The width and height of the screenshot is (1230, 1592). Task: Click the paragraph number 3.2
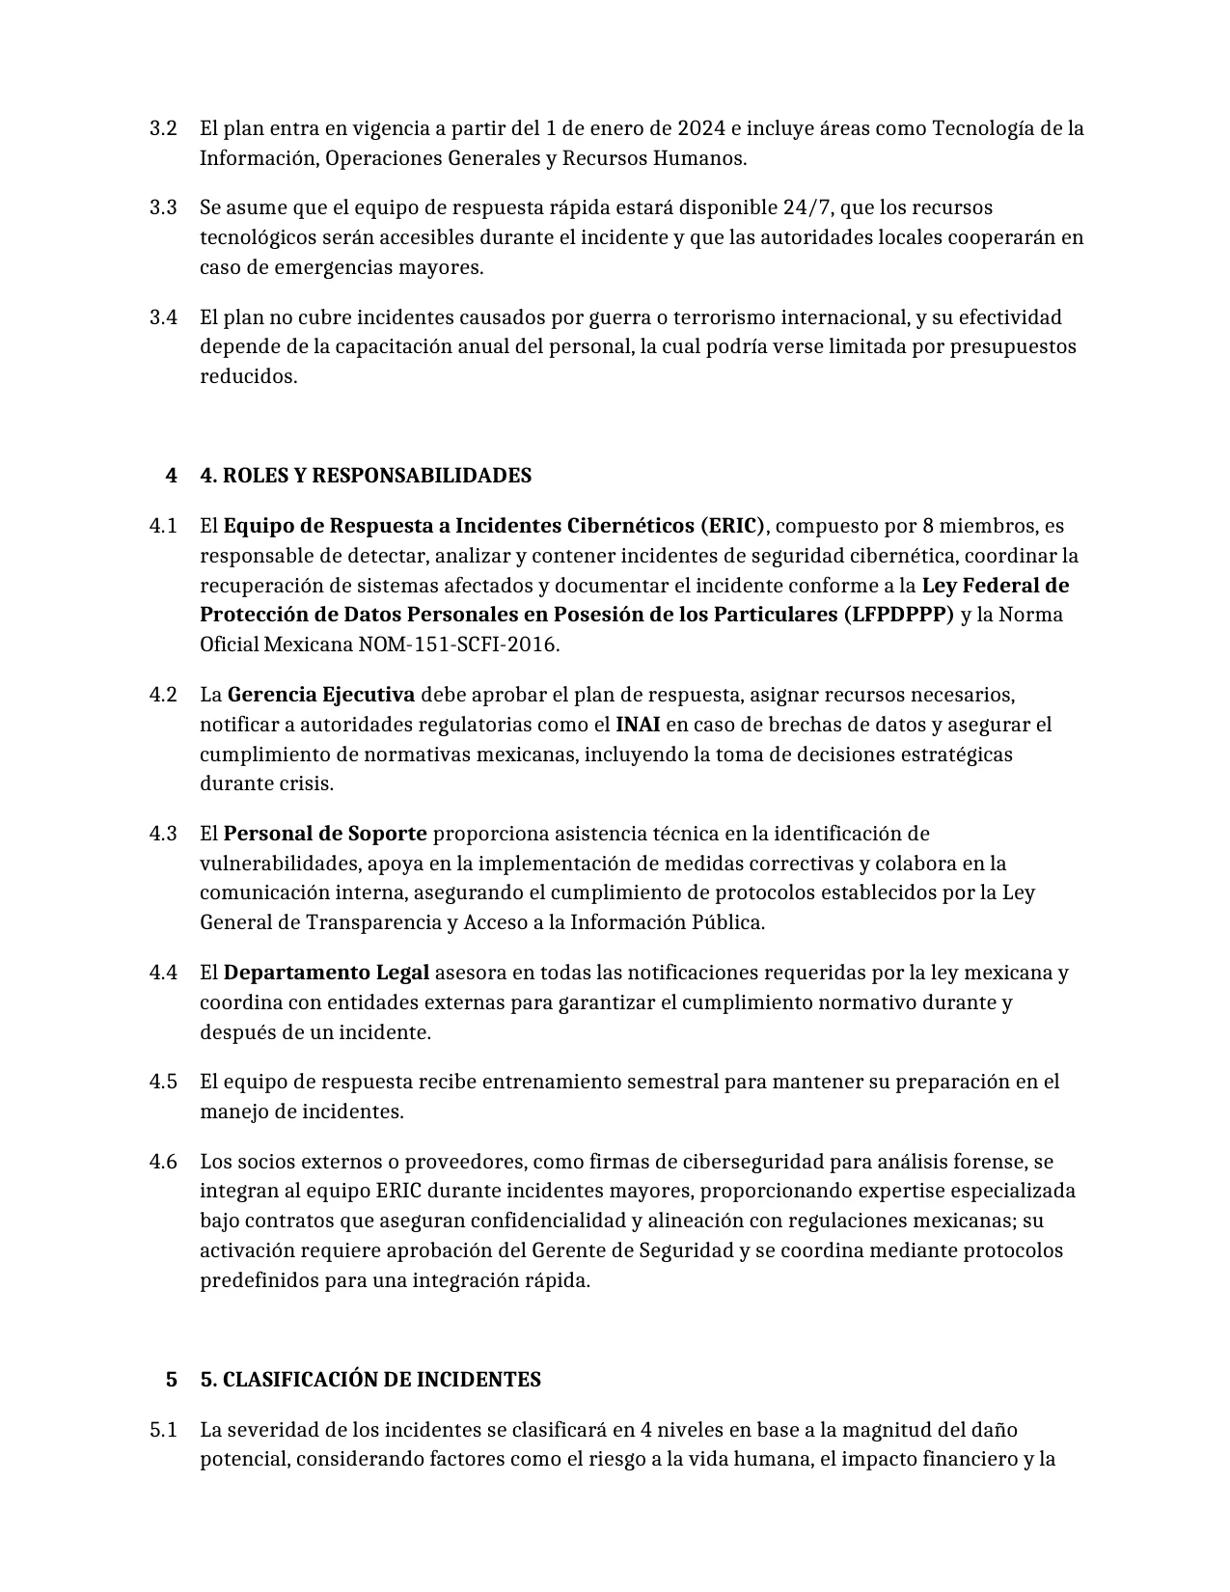coord(163,128)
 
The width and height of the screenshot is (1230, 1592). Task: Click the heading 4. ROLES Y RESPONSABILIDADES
coord(366,476)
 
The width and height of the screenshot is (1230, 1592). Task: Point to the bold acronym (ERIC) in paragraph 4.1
coord(734,526)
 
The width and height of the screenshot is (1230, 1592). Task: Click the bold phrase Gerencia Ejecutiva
coord(321,695)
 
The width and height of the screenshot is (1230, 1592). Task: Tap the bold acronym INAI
coord(638,725)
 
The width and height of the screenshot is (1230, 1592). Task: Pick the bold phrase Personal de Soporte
coord(325,833)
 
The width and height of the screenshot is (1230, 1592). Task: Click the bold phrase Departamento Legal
coord(326,972)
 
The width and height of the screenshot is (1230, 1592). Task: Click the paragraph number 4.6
coord(163,1162)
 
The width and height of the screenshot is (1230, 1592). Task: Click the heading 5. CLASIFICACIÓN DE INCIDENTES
coord(370,1380)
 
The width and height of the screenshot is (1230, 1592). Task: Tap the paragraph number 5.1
coord(163,1430)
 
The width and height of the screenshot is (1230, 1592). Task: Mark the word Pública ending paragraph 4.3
coord(729,922)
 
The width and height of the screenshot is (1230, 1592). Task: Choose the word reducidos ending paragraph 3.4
coord(248,376)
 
